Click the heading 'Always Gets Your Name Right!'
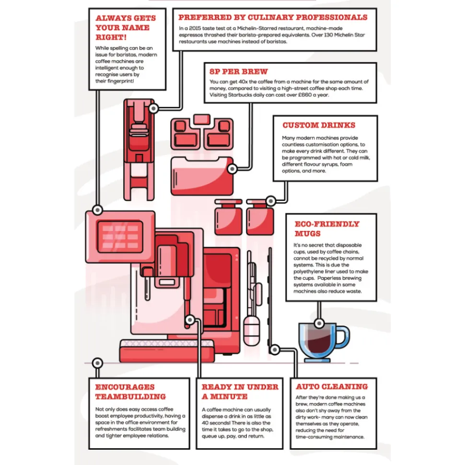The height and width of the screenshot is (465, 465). pos(126,27)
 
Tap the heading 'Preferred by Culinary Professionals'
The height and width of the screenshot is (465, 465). pos(273,18)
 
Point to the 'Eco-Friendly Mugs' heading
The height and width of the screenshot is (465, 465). pos(326,229)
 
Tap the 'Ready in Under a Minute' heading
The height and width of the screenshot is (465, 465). pos(240,392)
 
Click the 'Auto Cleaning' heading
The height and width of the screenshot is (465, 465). pos(332,386)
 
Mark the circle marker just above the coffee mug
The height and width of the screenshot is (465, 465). pos(317,324)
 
